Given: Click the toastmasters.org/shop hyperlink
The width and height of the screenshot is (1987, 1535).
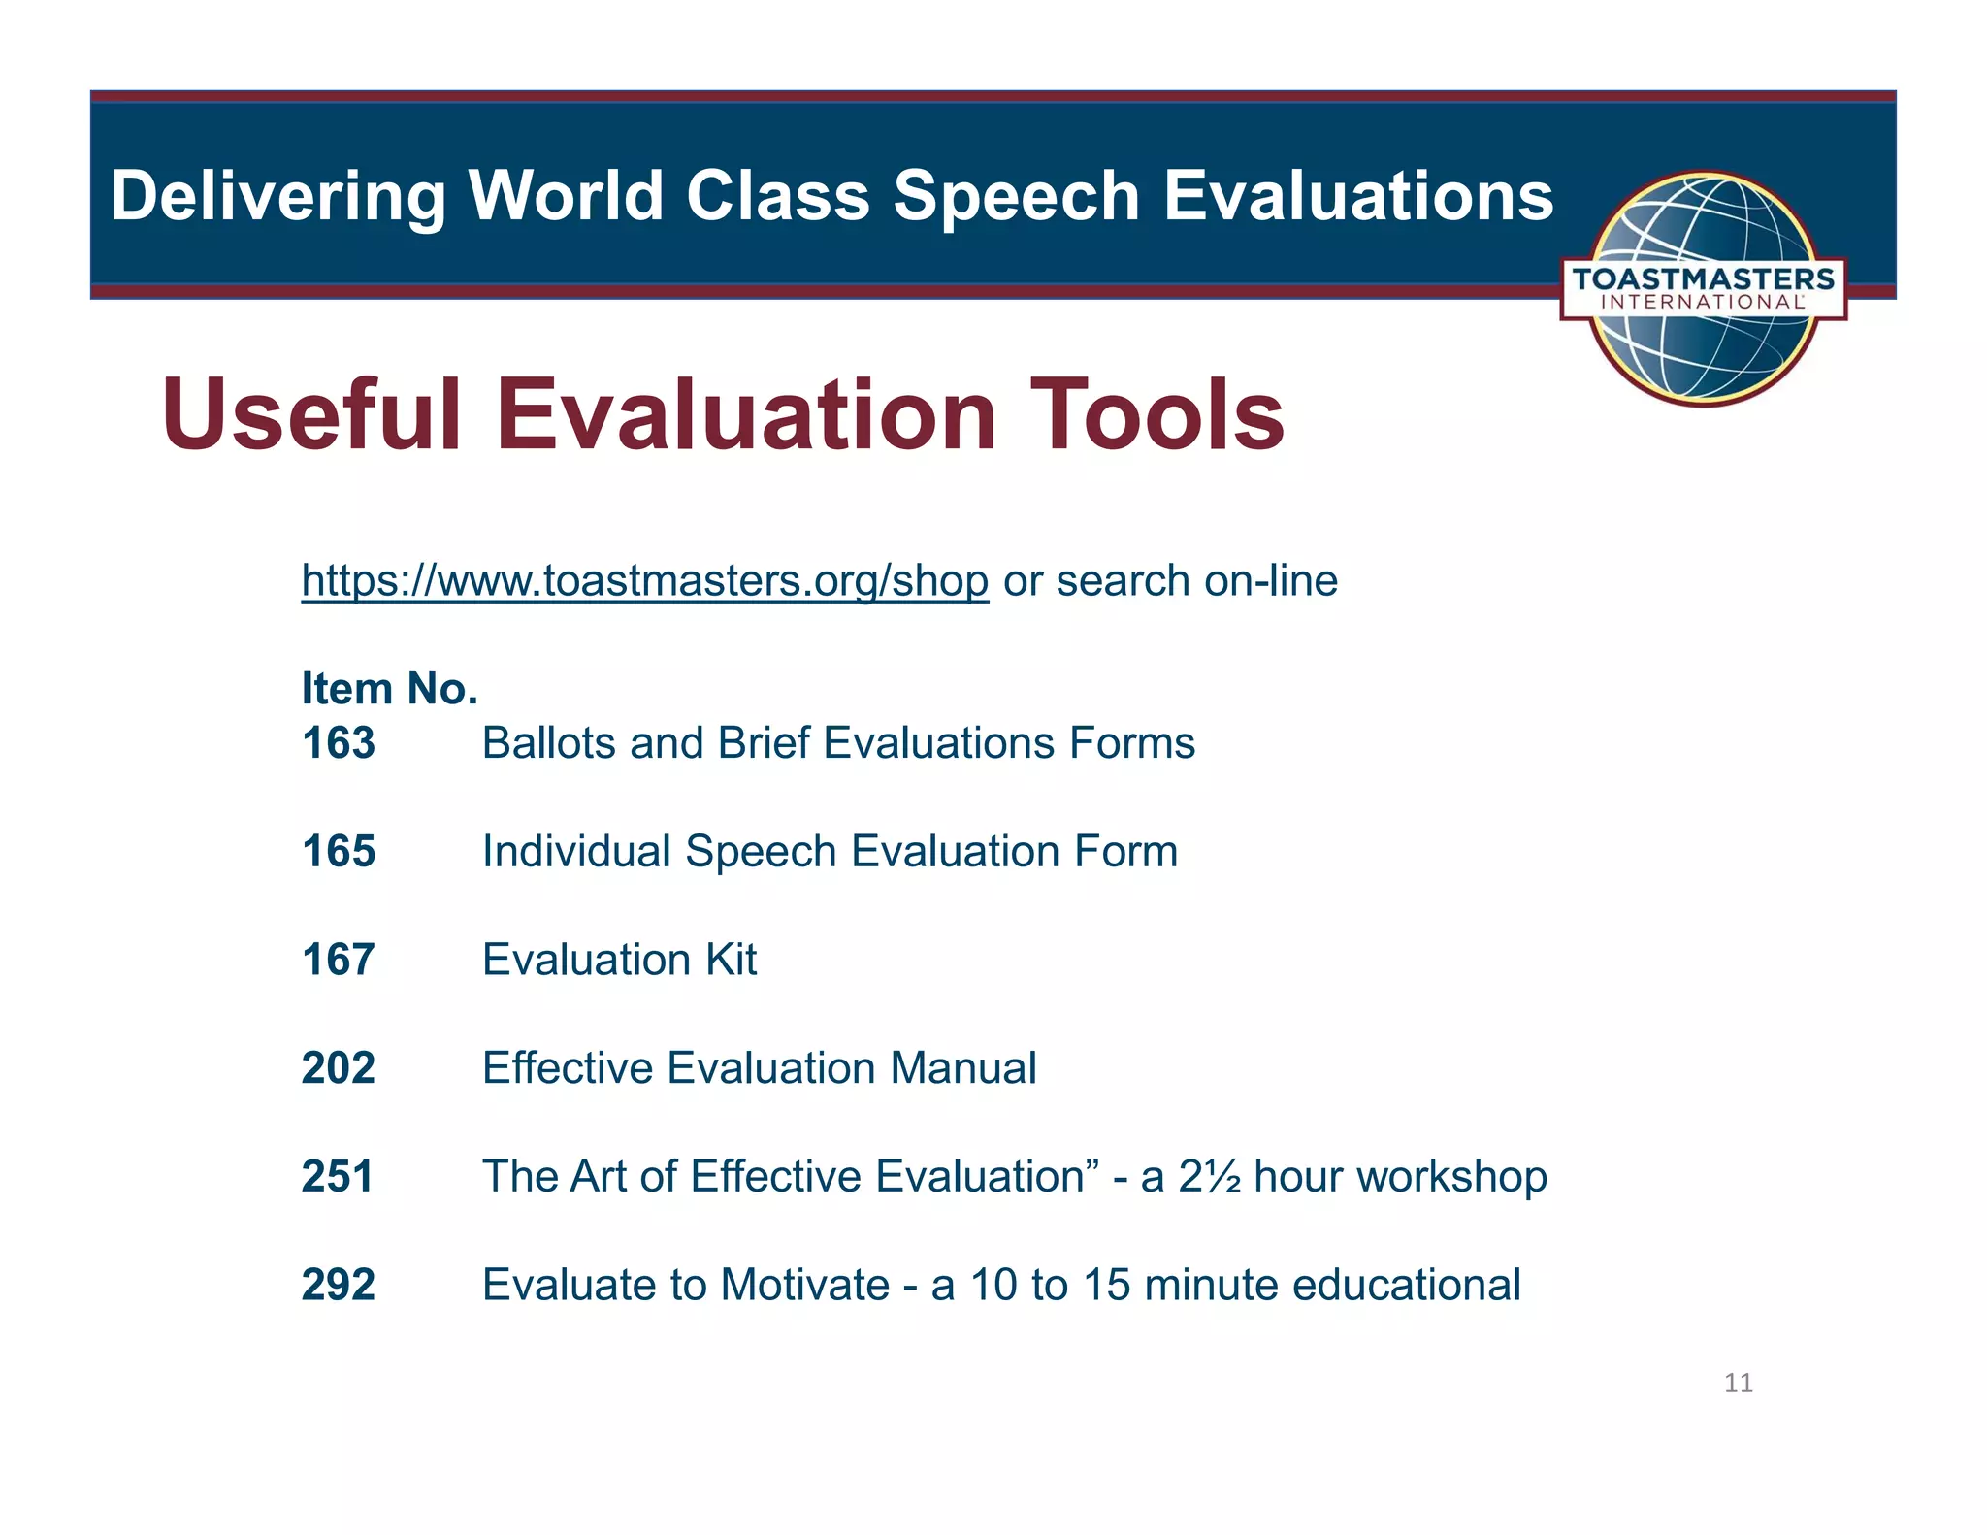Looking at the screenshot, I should coord(644,581).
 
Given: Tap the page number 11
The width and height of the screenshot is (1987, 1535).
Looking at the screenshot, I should coord(1738,1383).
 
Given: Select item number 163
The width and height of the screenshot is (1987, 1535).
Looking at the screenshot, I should coord(338,743).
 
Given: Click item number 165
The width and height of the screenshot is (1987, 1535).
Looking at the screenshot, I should coord(338,852).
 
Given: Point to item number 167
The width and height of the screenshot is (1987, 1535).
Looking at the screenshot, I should coord(338,960).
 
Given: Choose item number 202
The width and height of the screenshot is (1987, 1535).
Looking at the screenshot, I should coord(338,1068).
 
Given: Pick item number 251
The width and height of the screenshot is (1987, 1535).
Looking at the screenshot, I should coord(337,1176).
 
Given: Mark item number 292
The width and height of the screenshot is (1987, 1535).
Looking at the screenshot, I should coord(338,1285).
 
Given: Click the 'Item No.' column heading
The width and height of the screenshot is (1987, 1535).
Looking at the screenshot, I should coord(389,689).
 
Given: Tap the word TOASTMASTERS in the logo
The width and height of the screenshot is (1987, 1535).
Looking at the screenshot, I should coord(1703,279).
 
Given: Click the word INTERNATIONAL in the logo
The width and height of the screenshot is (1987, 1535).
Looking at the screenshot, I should coord(1703,302).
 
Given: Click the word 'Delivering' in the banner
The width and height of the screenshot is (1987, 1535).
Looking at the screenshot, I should coord(277,197).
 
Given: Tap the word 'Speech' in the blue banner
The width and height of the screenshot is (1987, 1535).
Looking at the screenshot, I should coord(1016,197).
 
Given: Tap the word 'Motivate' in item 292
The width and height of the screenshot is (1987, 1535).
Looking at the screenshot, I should coord(804,1285).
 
